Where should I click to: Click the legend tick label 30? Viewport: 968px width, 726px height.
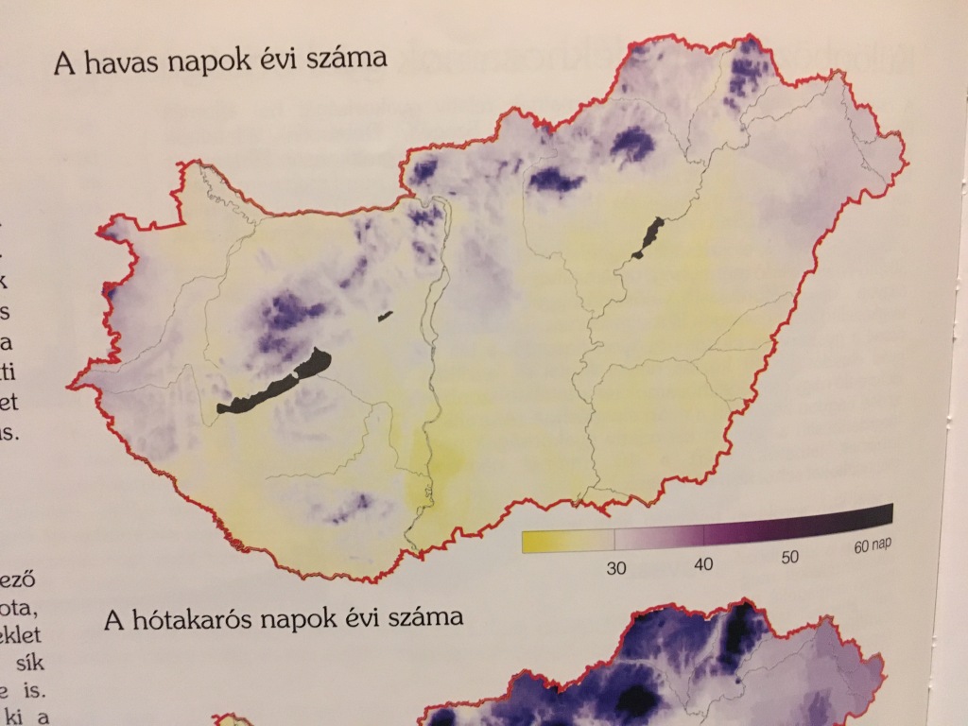pos(615,568)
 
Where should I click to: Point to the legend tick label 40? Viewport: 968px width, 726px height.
pos(702,564)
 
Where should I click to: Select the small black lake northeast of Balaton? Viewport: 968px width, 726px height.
pos(385,316)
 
